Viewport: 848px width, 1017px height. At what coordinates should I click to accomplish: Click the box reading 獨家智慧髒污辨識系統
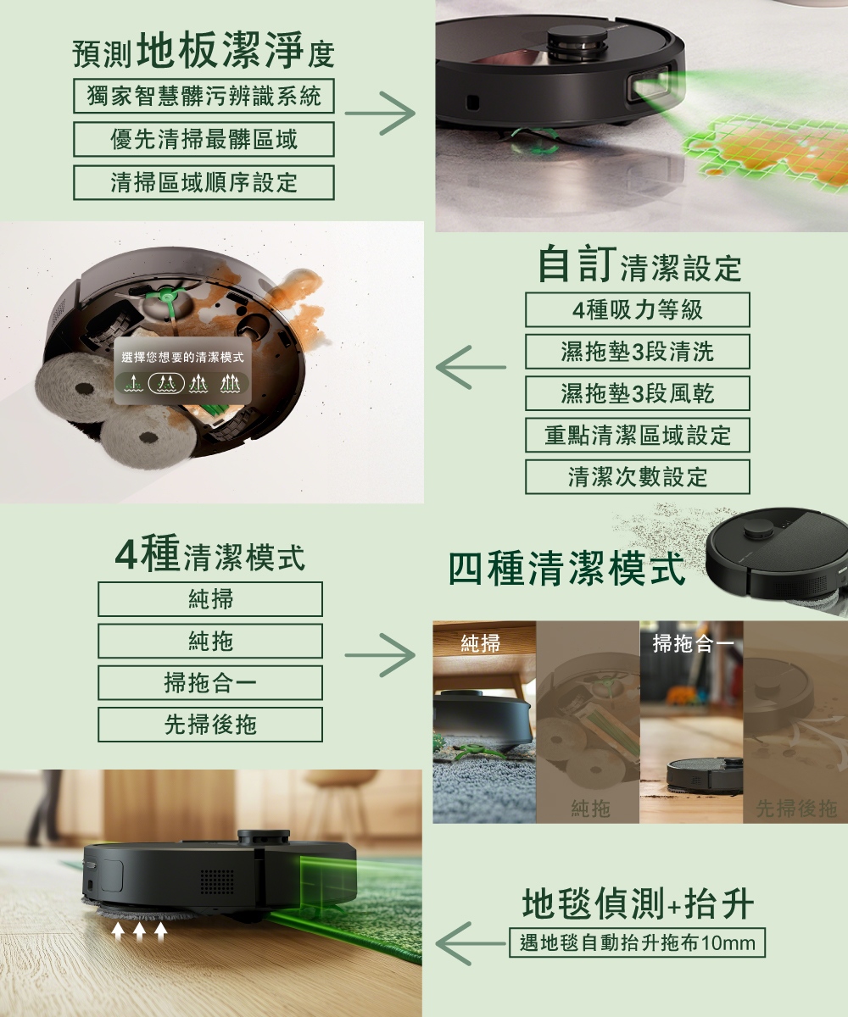[204, 96]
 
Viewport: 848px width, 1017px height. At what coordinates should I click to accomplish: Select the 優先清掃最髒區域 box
[204, 139]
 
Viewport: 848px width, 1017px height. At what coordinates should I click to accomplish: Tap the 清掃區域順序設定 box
[204, 183]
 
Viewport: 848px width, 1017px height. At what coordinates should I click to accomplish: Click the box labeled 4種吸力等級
[637, 310]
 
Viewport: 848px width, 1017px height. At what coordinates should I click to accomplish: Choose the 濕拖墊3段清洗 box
[637, 352]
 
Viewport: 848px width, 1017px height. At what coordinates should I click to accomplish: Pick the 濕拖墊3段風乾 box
[637, 393]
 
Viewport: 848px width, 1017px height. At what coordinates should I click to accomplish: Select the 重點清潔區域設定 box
[637, 435]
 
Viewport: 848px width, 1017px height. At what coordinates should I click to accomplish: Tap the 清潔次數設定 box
[637, 477]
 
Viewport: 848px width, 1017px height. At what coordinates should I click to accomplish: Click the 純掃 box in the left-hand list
[210, 599]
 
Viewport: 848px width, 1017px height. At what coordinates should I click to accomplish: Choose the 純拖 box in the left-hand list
[210, 641]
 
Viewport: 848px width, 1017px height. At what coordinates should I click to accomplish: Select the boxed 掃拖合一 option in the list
[210, 683]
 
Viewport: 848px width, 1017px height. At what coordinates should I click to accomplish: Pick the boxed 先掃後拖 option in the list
[210, 725]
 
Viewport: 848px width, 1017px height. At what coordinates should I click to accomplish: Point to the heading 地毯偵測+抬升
[638, 903]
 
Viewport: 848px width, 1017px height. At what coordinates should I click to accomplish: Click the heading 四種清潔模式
[566, 568]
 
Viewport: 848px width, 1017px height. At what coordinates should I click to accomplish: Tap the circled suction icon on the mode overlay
[166, 383]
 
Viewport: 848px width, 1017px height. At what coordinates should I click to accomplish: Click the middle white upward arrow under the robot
[139, 931]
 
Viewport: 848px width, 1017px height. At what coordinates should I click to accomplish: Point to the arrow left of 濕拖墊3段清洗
[471, 367]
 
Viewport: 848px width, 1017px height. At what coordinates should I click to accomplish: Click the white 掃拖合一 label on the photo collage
[693, 644]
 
